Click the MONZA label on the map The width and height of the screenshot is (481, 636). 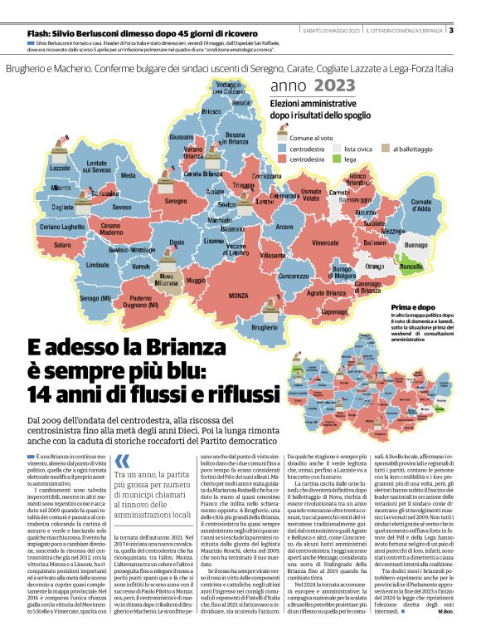[x=239, y=296]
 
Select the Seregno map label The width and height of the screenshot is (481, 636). [x=175, y=201]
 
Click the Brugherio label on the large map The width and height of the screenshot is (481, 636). [x=265, y=328]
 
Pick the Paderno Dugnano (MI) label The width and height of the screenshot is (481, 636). [x=143, y=302]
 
